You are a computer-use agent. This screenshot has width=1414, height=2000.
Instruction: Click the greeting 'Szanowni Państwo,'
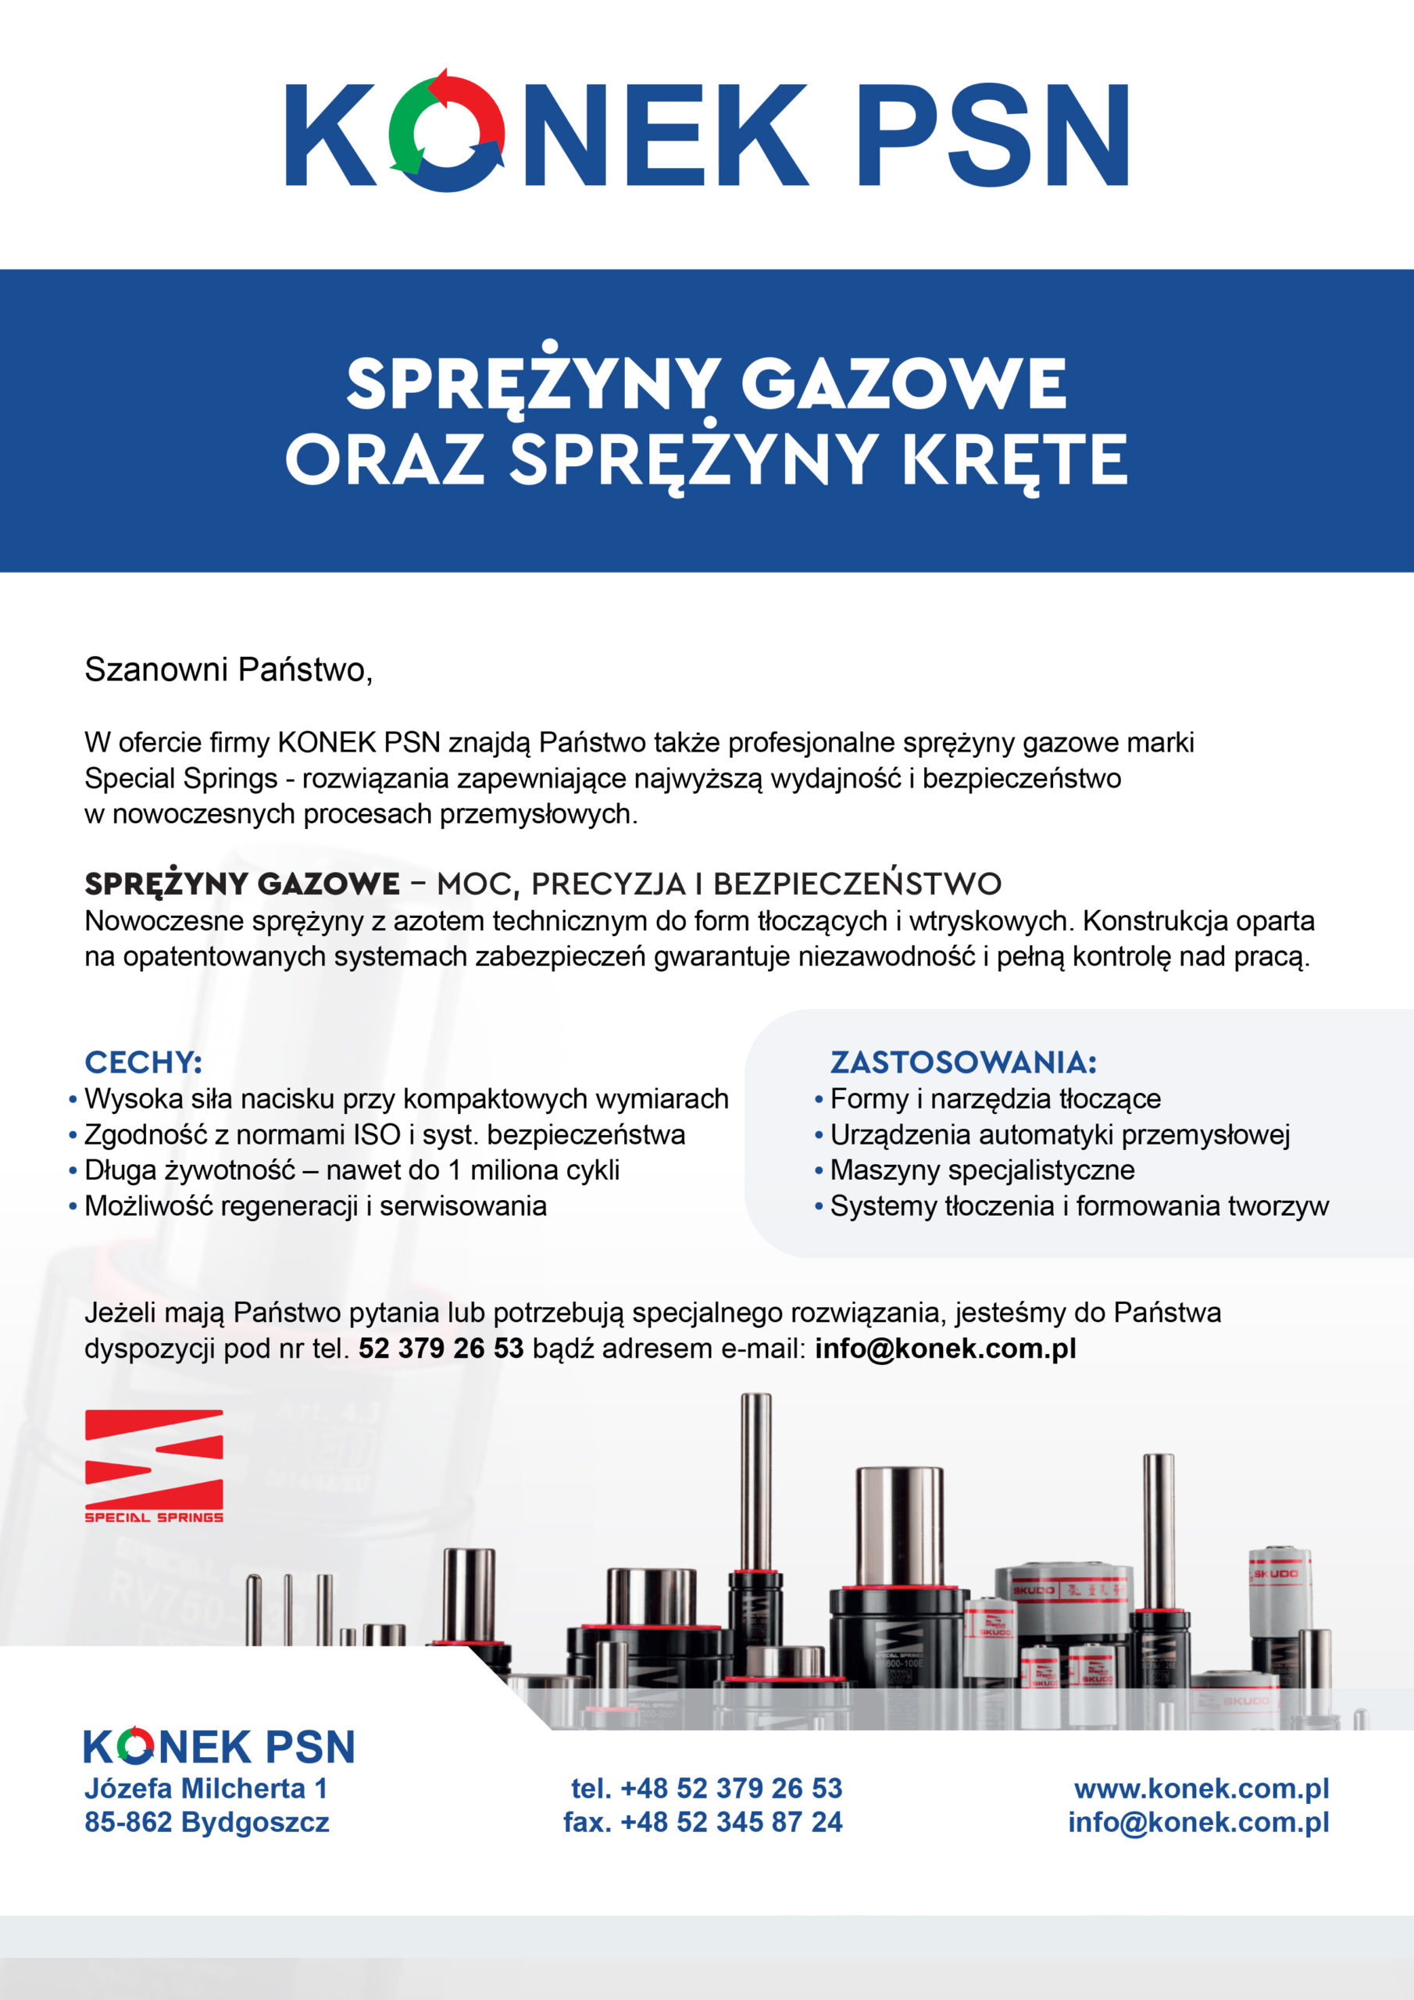(228, 670)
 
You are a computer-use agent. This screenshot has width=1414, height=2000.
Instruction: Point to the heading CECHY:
(143, 1062)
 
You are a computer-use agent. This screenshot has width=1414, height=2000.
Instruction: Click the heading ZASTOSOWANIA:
(962, 1062)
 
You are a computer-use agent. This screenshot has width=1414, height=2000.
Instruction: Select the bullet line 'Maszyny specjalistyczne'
(982, 1170)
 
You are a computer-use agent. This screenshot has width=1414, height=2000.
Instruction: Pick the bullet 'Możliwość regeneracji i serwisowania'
(316, 1205)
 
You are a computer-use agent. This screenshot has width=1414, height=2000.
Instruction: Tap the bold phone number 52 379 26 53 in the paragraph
(441, 1348)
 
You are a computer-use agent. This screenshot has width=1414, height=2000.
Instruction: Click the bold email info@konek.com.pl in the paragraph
(945, 1348)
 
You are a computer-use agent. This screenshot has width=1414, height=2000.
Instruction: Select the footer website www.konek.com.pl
(1202, 1789)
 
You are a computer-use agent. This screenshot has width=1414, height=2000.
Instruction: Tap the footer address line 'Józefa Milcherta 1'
(205, 1789)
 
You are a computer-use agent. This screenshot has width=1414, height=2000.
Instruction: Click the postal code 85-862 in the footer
(128, 1823)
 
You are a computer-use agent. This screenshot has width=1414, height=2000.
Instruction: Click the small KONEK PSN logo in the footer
(219, 1747)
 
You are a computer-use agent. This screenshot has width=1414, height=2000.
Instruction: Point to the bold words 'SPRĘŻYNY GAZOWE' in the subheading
(242, 884)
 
